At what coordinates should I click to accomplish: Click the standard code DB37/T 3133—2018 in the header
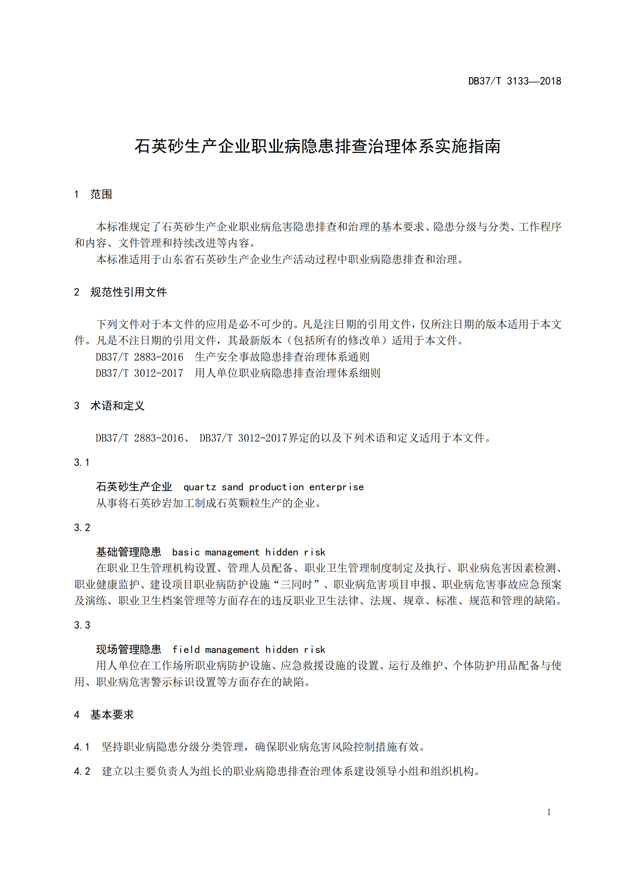point(514,81)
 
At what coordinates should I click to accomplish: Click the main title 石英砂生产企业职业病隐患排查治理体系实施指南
point(317,146)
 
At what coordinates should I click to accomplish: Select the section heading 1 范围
point(93,195)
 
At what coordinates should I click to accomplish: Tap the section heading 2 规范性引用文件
point(120,292)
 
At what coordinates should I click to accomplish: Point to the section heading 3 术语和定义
point(109,406)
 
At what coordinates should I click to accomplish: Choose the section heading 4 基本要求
point(104,715)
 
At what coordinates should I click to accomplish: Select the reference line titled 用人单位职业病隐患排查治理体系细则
point(287,373)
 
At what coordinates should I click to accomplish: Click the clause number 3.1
point(82,463)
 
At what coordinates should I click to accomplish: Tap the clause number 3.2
point(82,528)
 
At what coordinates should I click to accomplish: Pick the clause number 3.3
point(82,625)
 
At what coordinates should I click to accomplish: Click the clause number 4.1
point(82,747)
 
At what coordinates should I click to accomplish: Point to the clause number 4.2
point(82,771)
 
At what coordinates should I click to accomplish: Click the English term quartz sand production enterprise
point(273,487)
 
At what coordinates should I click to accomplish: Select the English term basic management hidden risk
point(249,552)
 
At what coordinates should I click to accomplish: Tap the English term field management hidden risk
point(249,650)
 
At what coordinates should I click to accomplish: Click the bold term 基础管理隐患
point(128,552)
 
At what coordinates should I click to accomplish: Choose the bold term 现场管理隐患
point(128,650)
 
